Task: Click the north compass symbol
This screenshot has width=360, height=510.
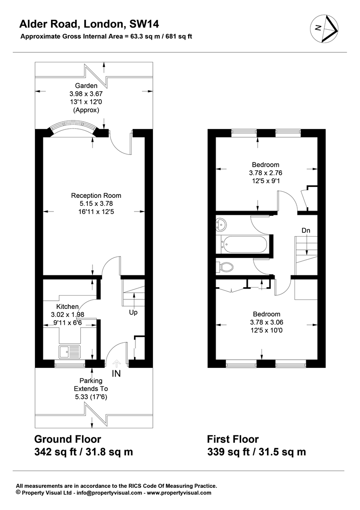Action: point(325,29)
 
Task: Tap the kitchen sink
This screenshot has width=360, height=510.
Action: point(69,352)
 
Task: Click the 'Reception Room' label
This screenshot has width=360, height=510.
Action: point(96,195)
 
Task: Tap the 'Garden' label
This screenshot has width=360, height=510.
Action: point(86,85)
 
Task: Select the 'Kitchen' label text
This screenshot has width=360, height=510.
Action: point(67,306)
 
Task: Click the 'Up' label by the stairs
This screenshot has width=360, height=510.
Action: point(133,312)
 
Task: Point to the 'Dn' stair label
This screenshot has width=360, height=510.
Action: point(306,230)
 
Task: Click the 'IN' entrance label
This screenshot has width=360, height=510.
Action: point(116,374)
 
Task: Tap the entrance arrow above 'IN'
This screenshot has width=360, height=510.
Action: point(116,363)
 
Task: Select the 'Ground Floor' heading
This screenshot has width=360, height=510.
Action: point(67,439)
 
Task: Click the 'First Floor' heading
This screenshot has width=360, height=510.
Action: point(233,439)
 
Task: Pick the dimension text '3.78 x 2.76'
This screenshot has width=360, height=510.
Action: point(266,173)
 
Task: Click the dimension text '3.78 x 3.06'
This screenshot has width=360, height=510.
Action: point(267,323)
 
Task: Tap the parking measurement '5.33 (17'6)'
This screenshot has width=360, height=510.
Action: point(91,397)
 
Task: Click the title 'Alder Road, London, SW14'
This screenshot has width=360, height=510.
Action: point(89,24)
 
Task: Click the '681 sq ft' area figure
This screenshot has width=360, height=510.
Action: point(179,36)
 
